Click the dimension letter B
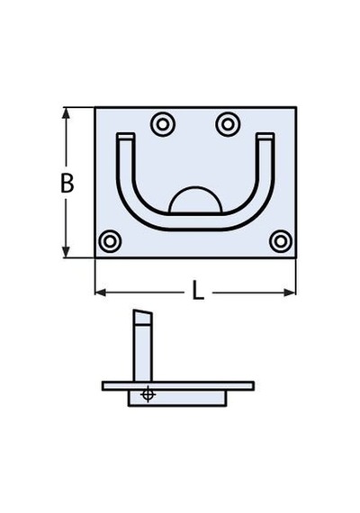point(67,183)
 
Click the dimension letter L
point(198,291)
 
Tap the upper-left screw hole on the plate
point(163,124)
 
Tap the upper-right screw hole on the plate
point(228,124)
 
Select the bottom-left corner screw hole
point(110,241)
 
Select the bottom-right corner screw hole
point(281,241)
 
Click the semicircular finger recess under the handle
point(195,200)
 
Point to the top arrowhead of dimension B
point(66,113)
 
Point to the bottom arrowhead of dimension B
point(66,251)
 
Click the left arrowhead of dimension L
point(101,292)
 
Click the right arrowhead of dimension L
point(290,292)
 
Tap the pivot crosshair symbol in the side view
point(148,394)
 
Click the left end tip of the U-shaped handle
point(126,136)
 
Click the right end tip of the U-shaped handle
point(265,136)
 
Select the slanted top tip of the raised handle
point(143,317)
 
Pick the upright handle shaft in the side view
point(143,353)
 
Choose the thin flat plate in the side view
point(178,386)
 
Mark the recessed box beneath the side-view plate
point(177,398)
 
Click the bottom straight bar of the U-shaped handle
point(195,221)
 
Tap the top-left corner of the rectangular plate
point(95,107)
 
